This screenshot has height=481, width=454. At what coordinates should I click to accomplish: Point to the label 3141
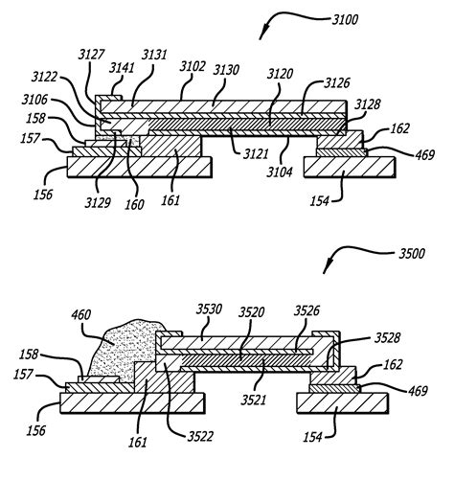pos(119,67)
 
